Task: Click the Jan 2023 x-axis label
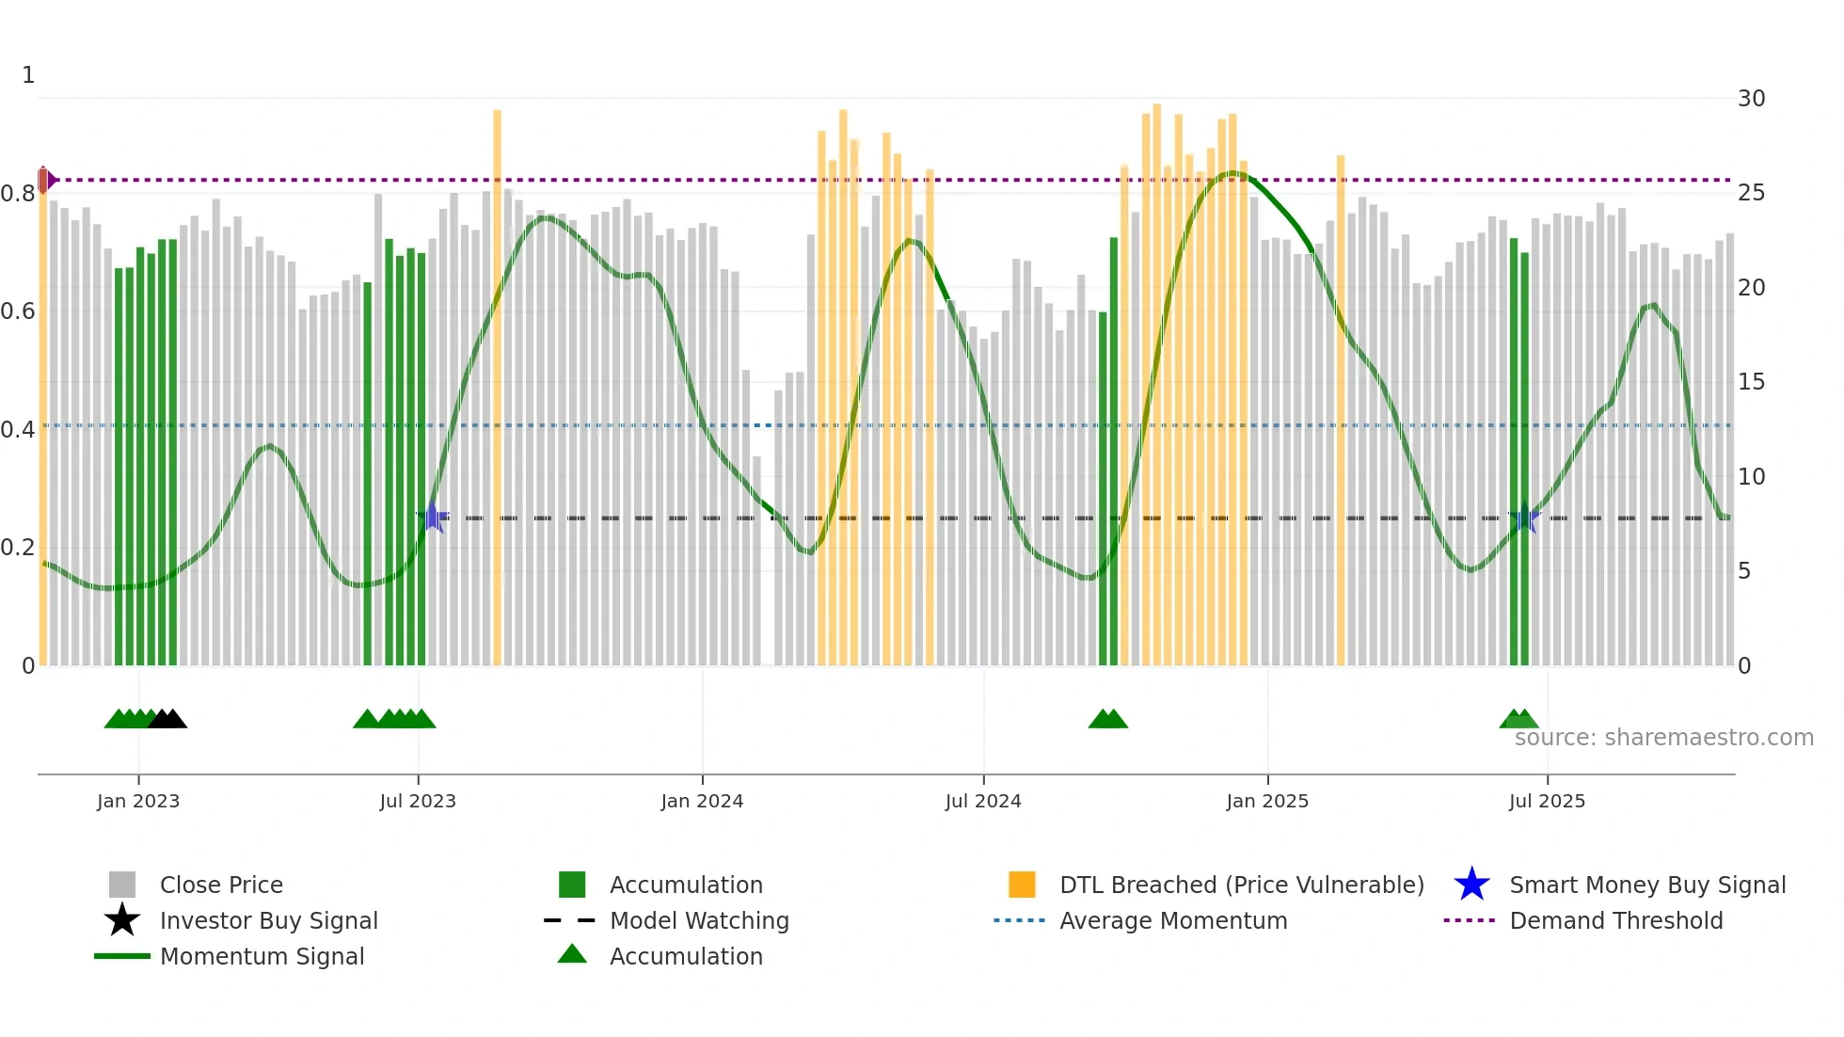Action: (x=137, y=801)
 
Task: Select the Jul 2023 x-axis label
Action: (x=418, y=801)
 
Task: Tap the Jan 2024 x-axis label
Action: (x=702, y=801)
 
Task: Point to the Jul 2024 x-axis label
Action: (x=983, y=801)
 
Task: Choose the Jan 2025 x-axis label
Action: (x=1267, y=801)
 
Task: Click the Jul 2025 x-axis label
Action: (x=1547, y=801)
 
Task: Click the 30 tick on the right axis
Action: (x=1751, y=99)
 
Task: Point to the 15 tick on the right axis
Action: (x=1751, y=382)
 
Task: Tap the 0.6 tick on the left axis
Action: (x=18, y=311)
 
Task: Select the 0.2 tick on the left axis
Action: (x=18, y=548)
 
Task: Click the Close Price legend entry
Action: (x=221, y=885)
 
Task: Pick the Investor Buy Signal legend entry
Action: (x=268, y=920)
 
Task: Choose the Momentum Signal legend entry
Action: (x=262, y=956)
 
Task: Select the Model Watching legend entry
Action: (x=699, y=920)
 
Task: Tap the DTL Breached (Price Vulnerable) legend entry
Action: (x=1241, y=885)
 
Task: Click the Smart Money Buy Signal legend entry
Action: (x=1647, y=885)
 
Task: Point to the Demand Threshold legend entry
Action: (x=1615, y=920)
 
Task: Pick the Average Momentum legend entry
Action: (x=1173, y=920)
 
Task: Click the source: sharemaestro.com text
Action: (x=1663, y=738)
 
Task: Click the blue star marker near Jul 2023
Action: (x=433, y=517)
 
